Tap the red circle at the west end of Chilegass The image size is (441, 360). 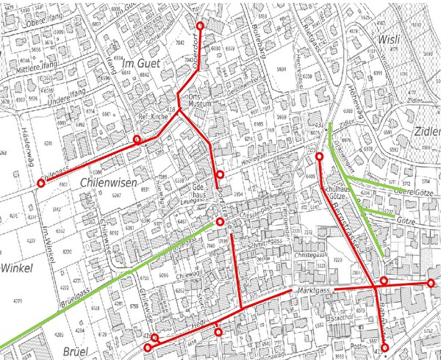pyautogui.click(x=41, y=184)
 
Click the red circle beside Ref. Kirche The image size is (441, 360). pyautogui.click(x=137, y=140)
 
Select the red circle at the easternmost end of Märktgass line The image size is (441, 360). pyautogui.click(x=431, y=283)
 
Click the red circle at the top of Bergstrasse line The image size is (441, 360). pyautogui.click(x=319, y=157)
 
